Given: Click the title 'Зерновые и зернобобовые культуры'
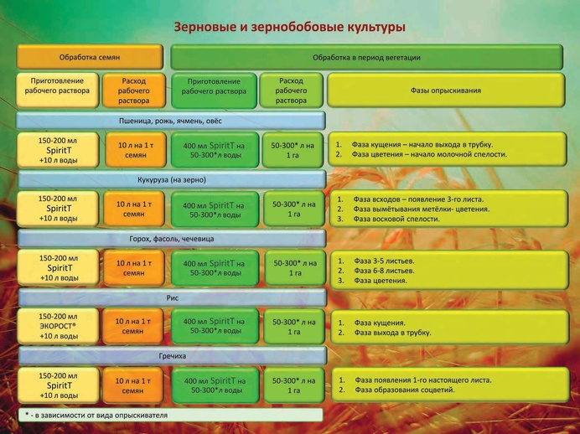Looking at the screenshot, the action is pos(290,28).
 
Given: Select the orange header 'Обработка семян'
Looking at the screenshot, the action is pos(90,57).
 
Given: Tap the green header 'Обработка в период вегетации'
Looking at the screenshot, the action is pos(366,57).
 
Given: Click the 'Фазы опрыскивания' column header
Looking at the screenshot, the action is pos(446,90).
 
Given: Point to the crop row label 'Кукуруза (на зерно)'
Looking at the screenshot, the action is pos(172,179).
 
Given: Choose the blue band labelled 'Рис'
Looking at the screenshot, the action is pos(173,297).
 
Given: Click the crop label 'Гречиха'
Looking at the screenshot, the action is pos(173,356).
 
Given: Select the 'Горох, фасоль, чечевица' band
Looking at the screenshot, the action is pos(172,239).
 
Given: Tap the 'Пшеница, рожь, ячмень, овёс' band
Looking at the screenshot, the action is pos(170,121).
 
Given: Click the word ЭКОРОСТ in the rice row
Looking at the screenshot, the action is pos(58,327).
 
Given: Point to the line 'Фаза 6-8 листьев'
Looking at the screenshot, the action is pos(379,271).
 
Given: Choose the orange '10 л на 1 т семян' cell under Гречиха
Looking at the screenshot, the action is pos(132,385).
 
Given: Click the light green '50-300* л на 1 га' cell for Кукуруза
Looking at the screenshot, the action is pos(294,209).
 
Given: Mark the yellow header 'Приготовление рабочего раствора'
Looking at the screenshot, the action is pos(57,90).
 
